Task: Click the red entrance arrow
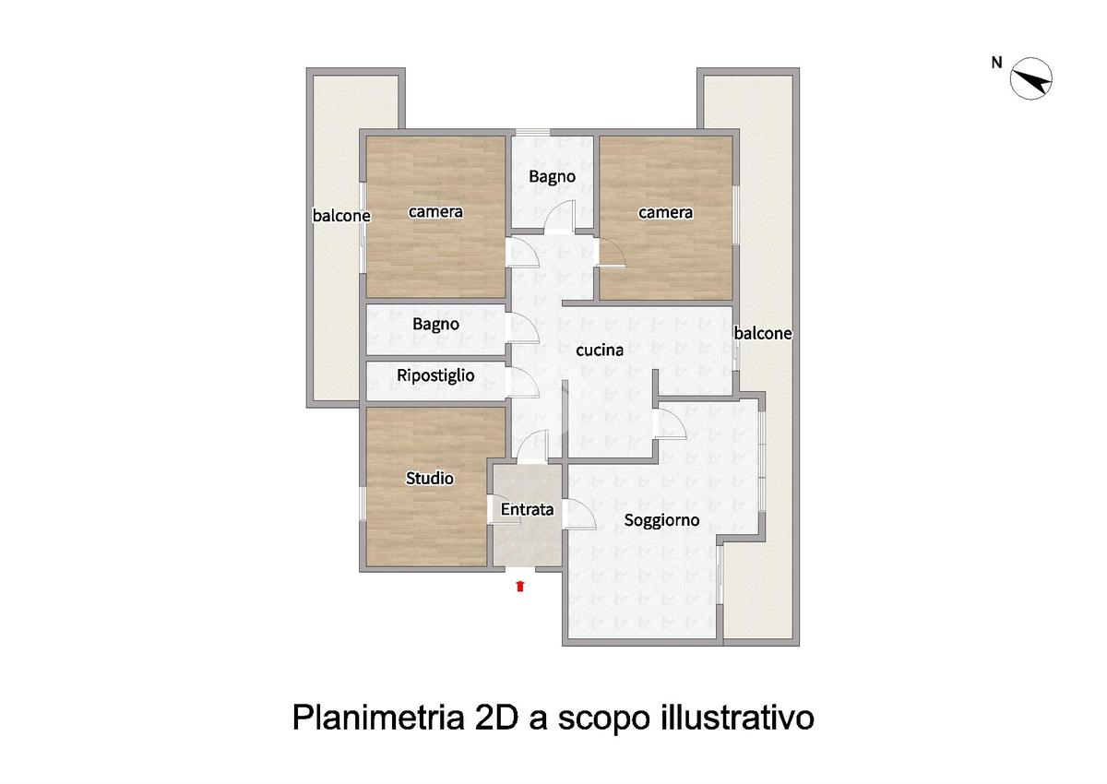click(x=520, y=587)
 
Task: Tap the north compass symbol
click(x=1031, y=79)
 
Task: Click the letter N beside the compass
click(x=996, y=63)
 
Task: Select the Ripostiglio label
click(x=435, y=376)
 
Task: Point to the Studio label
click(x=430, y=478)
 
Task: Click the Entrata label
click(x=527, y=509)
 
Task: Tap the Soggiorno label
click(x=661, y=521)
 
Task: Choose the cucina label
click(x=600, y=350)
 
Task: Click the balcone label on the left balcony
click(x=341, y=216)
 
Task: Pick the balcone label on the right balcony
click(x=763, y=334)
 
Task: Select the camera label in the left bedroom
click(x=435, y=212)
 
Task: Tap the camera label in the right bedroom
click(x=665, y=213)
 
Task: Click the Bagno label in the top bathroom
click(x=552, y=177)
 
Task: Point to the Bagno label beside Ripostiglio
click(x=435, y=325)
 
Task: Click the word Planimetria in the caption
click(x=379, y=718)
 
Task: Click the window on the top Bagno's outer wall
click(x=533, y=132)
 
